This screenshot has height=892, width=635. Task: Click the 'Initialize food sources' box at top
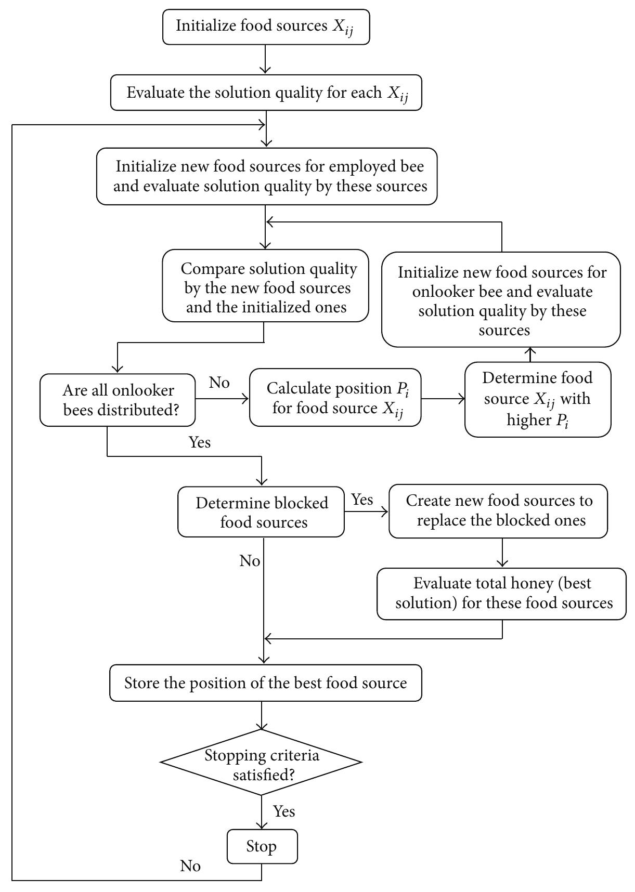(x=266, y=27)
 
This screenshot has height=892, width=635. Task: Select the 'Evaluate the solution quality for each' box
(x=266, y=93)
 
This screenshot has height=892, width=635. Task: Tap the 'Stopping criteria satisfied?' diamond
(x=261, y=762)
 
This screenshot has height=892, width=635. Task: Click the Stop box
(x=262, y=846)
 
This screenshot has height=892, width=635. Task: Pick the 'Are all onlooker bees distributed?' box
(x=119, y=400)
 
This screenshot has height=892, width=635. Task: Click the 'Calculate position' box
(x=335, y=398)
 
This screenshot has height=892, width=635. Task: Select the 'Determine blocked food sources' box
(x=261, y=512)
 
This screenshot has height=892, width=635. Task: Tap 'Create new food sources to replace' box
(x=498, y=511)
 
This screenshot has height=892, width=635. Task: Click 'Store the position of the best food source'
(x=265, y=683)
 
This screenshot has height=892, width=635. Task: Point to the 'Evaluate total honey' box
(x=502, y=593)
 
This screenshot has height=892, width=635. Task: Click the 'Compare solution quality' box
(x=265, y=287)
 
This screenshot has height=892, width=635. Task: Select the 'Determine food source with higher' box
(x=537, y=399)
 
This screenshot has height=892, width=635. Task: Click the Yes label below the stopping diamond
(x=284, y=811)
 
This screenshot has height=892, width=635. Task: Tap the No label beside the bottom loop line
(x=190, y=865)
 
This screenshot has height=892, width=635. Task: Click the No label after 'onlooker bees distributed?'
(x=219, y=383)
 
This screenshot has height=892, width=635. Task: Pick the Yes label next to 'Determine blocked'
(x=362, y=500)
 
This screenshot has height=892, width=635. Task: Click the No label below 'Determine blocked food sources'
(x=250, y=561)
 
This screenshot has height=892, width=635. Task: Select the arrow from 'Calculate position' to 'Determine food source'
(x=443, y=399)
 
